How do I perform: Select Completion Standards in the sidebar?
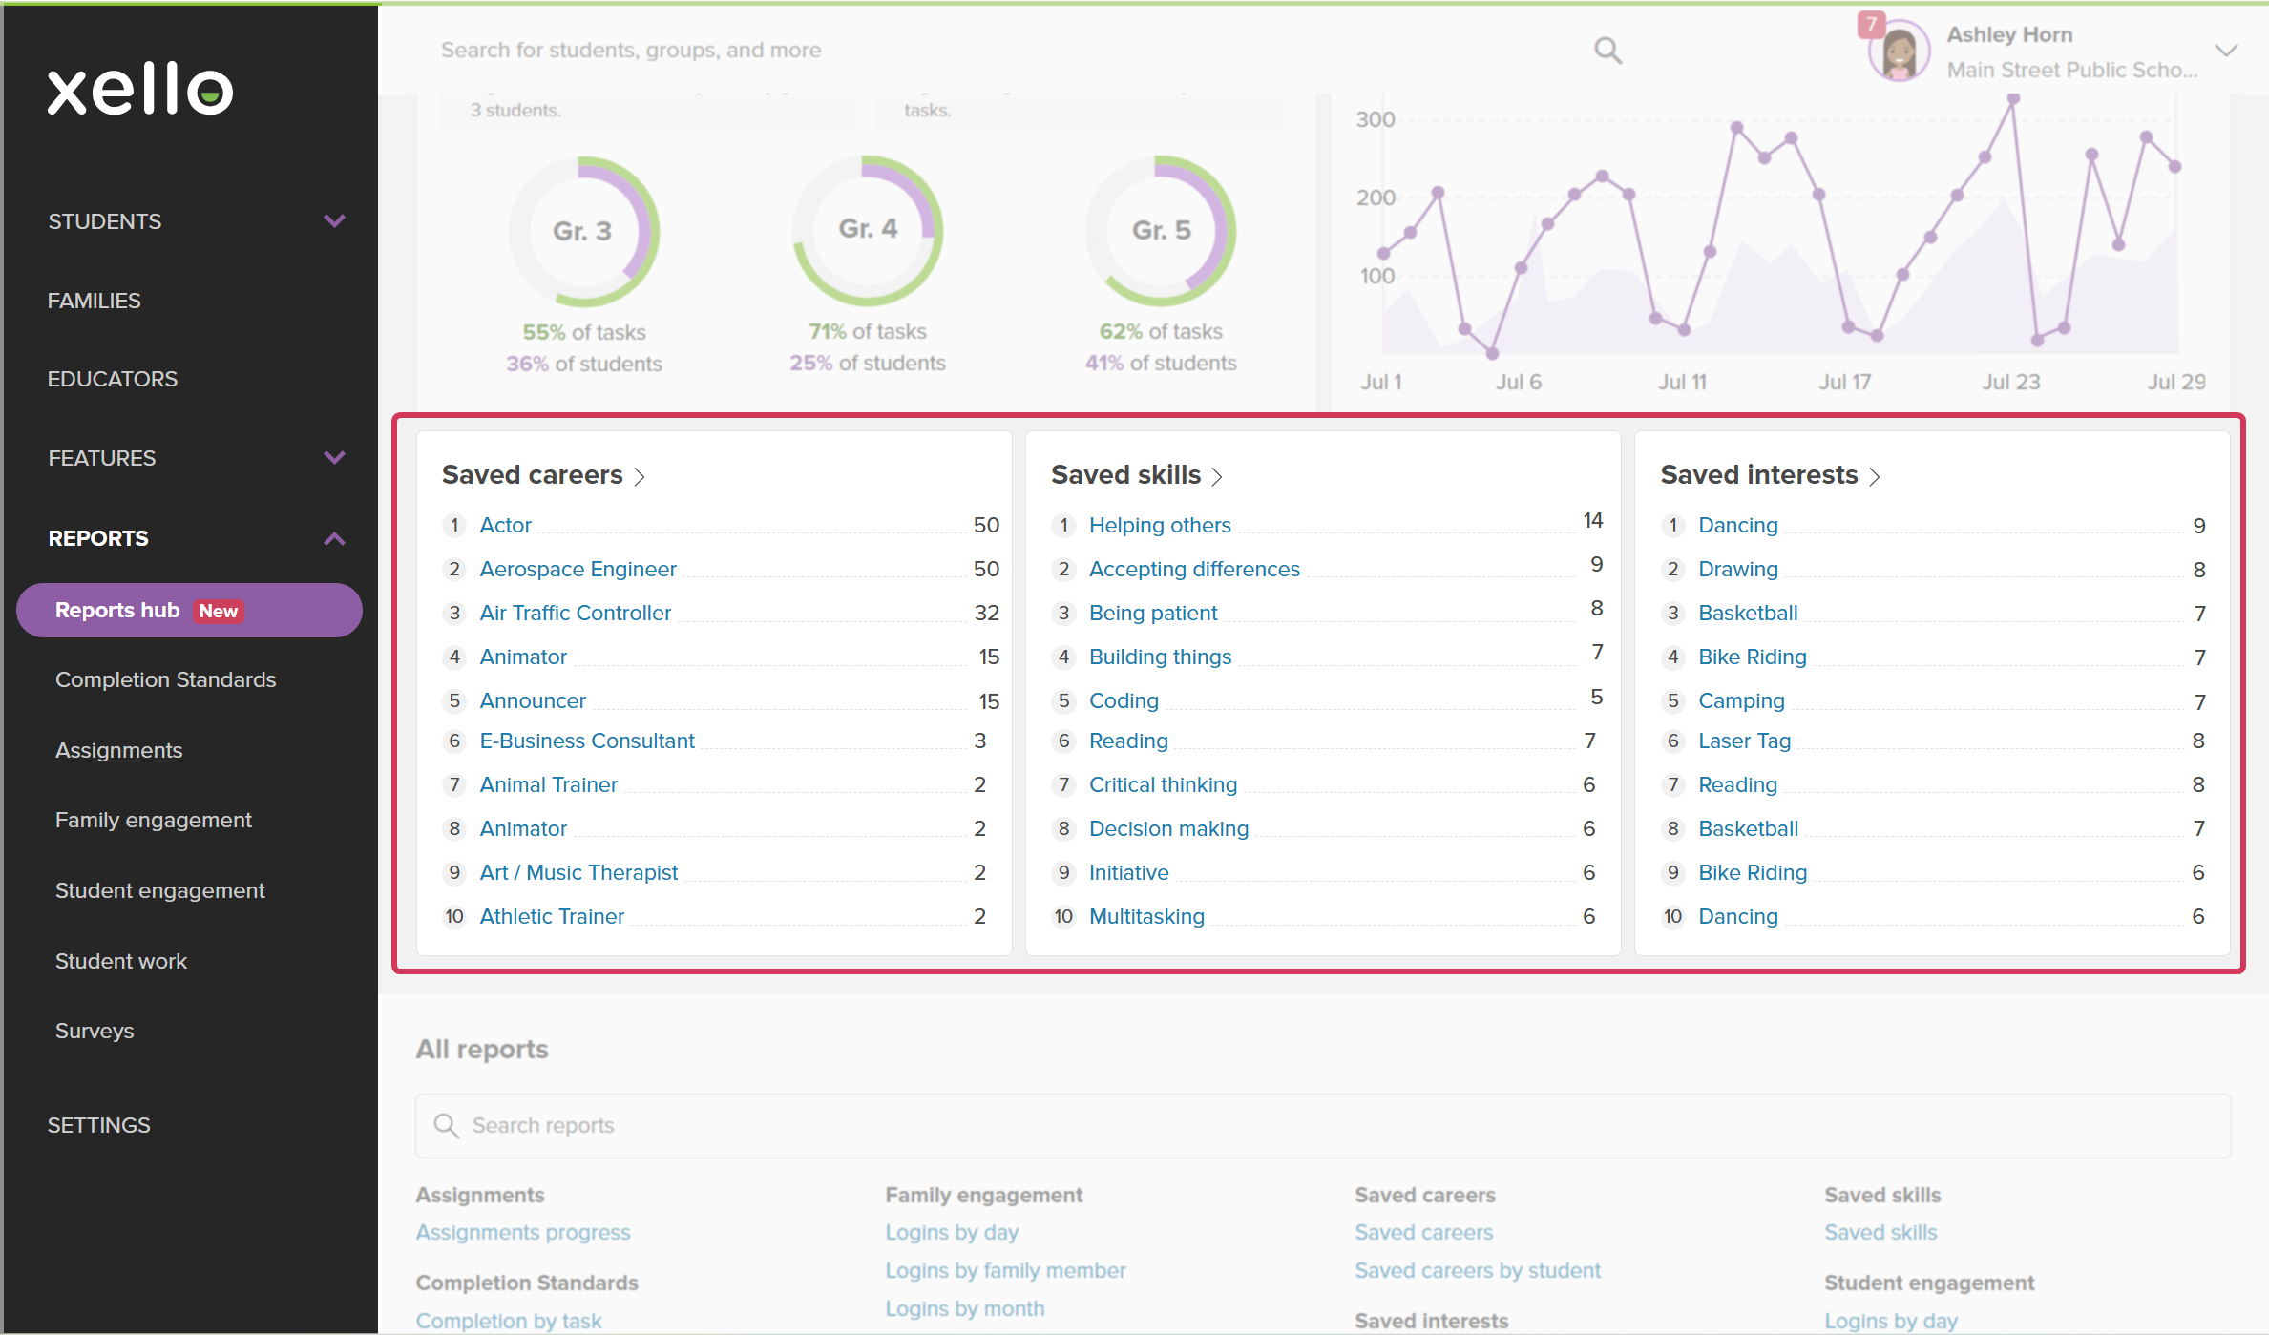click(165, 679)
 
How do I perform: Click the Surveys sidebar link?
click(95, 1031)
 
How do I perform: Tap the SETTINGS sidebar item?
click(99, 1125)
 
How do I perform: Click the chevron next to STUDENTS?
click(334, 221)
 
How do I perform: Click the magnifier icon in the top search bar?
click(1607, 50)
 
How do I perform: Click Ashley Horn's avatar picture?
click(1899, 51)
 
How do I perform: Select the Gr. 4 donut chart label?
click(868, 229)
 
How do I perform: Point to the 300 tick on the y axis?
click(1376, 119)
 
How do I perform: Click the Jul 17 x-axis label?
click(1844, 382)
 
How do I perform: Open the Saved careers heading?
click(532, 474)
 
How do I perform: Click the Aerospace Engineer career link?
click(578, 569)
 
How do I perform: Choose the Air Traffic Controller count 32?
click(986, 613)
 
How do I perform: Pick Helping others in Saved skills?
click(1160, 525)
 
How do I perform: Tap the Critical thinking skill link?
click(1163, 784)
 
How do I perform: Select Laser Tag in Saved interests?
click(1744, 741)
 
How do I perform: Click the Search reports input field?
click(1323, 1126)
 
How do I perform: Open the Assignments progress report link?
click(523, 1233)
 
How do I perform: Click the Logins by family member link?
click(1005, 1271)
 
